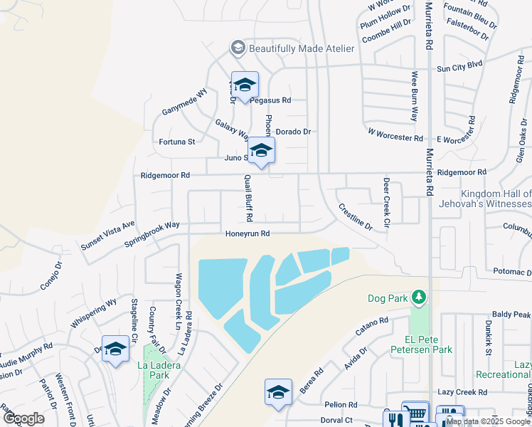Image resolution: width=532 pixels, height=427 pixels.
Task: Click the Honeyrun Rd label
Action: (x=248, y=233)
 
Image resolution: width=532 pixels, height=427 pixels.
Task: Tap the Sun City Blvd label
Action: (x=459, y=68)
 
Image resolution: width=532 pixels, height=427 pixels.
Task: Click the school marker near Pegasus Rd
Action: (x=245, y=86)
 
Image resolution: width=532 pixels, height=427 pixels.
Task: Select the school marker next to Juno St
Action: (x=262, y=151)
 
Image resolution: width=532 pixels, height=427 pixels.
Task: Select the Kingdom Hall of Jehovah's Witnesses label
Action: (x=496, y=199)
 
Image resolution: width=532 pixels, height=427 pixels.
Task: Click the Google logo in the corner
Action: (x=23, y=418)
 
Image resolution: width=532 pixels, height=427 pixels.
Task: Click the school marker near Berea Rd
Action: (x=278, y=392)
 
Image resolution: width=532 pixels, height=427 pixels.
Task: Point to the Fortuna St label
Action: (x=177, y=142)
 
